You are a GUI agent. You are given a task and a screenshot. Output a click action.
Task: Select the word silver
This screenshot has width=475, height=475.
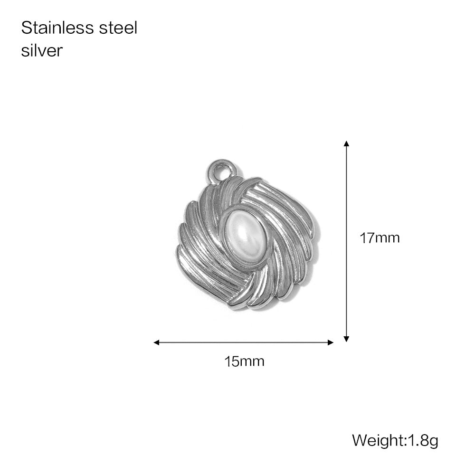pyautogui.click(x=42, y=50)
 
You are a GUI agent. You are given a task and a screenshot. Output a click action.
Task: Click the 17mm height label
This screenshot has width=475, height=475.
pyautogui.click(x=380, y=238)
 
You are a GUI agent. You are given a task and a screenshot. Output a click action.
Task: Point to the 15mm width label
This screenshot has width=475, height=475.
pyautogui.click(x=244, y=361)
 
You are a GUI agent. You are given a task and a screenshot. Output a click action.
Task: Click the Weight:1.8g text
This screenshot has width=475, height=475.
pyautogui.click(x=395, y=440)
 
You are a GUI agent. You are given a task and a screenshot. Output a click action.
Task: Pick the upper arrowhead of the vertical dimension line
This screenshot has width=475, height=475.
pyautogui.click(x=347, y=143)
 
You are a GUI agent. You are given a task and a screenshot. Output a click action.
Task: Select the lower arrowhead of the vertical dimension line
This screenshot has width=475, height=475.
pyautogui.click(x=347, y=339)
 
